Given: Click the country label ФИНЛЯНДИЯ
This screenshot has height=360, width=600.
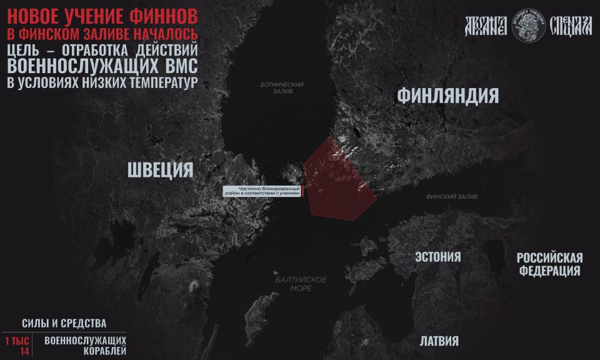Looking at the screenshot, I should tap(447, 96).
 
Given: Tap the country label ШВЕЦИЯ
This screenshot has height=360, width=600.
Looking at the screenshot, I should tap(160, 169).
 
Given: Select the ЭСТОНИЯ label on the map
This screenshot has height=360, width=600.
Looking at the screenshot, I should tap(437, 257).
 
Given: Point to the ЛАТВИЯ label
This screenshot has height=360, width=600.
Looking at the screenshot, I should tap(439, 341).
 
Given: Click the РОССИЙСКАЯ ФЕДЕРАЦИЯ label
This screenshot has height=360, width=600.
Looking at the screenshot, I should tap(549, 264).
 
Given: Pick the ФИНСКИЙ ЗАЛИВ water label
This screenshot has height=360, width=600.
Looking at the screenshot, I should tap(451, 197).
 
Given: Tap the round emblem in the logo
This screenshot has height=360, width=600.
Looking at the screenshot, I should tap(528, 26).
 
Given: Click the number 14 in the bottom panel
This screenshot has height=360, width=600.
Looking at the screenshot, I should tap(24, 351).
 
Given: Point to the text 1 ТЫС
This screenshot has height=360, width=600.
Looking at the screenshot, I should tap(17, 341).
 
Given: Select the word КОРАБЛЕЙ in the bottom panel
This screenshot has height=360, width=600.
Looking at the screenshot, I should tap(104, 351).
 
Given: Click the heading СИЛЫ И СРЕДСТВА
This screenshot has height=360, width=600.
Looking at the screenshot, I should tap(64, 323).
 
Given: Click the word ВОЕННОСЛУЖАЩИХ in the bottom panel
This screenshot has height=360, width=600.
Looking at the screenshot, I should tap(85, 340).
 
